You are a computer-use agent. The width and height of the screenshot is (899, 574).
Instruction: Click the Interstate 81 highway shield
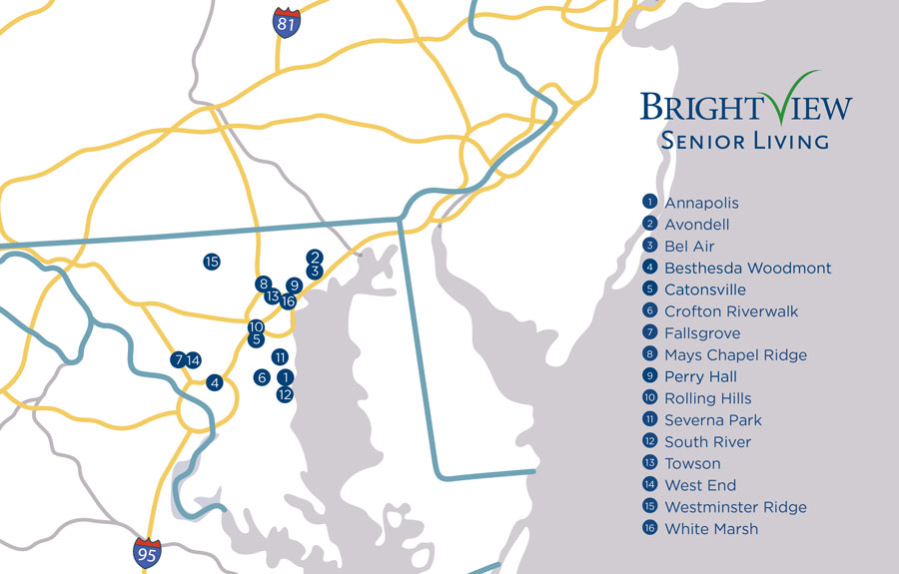tap(287, 23)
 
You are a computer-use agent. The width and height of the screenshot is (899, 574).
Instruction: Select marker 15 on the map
tap(211, 262)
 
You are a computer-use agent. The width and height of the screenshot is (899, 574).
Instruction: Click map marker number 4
tap(214, 381)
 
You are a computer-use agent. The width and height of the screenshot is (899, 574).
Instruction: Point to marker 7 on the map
tap(178, 360)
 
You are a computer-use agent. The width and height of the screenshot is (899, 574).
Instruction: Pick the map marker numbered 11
tap(280, 356)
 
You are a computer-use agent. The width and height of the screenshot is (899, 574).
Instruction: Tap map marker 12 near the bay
tap(285, 394)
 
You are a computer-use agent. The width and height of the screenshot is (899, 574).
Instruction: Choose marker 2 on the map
tap(315, 257)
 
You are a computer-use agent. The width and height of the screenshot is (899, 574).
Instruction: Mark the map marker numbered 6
tap(261, 377)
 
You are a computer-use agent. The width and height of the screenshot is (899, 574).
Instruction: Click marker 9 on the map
tap(294, 286)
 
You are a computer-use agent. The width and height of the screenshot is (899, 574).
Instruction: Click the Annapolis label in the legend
tap(701, 203)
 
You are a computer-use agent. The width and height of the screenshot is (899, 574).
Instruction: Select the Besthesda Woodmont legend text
tap(747, 268)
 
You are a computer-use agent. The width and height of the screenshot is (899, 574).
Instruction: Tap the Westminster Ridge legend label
tap(735, 507)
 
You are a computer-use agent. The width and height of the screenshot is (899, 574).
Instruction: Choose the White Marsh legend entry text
tap(711, 529)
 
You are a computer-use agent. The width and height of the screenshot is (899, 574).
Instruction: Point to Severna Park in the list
tap(713, 420)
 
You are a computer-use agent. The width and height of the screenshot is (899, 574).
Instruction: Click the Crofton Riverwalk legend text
tap(731, 311)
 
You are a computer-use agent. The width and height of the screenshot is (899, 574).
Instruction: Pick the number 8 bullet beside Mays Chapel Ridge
tap(649, 354)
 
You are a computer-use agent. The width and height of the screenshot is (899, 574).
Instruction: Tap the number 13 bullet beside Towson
tap(649, 463)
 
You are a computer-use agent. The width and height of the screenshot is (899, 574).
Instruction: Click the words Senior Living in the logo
tap(744, 140)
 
